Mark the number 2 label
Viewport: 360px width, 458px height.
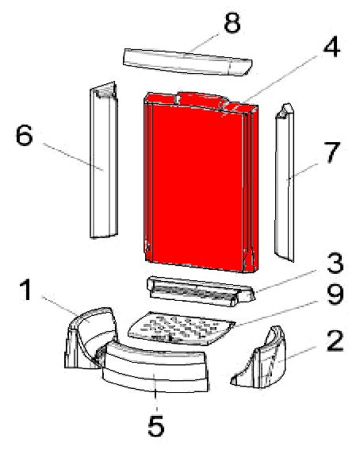[335, 344]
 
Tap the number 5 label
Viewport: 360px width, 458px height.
[155, 427]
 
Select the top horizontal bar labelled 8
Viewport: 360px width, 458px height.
[186, 62]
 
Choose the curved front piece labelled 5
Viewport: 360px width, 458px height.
[157, 373]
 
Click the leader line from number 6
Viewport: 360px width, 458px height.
[71, 155]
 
